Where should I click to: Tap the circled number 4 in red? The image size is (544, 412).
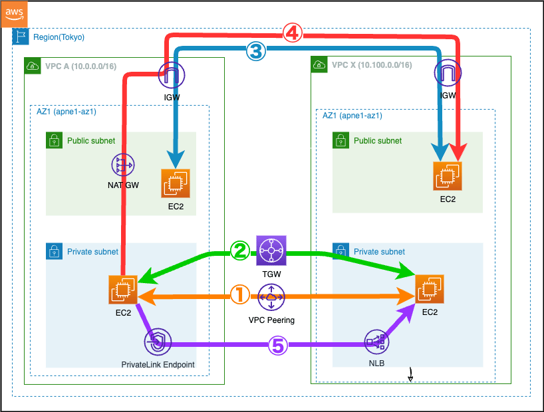(293, 32)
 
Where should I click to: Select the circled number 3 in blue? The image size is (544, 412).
(256, 50)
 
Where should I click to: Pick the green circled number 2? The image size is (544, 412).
(239, 251)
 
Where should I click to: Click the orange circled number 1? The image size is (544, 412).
(239, 294)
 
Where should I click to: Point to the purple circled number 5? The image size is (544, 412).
(278, 344)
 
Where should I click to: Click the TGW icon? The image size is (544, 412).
(271, 251)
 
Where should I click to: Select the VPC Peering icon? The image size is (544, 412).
(271, 297)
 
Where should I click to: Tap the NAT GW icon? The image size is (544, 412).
(123, 164)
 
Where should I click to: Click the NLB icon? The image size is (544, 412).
(377, 343)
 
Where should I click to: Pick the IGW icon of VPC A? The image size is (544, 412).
(172, 76)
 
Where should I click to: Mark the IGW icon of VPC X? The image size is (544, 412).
(447, 74)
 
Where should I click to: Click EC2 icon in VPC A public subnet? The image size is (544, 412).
(176, 183)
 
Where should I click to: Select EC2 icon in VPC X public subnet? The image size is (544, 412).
(447, 176)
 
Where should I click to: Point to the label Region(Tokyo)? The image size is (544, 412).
(59, 37)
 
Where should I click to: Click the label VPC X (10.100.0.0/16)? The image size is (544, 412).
(371, 65)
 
